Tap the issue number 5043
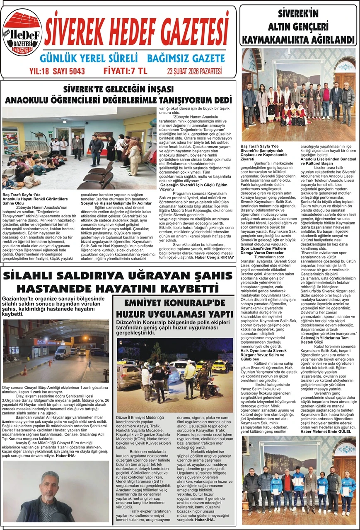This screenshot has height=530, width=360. tap(75, 71)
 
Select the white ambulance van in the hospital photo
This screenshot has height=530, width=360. tap(62, 352)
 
